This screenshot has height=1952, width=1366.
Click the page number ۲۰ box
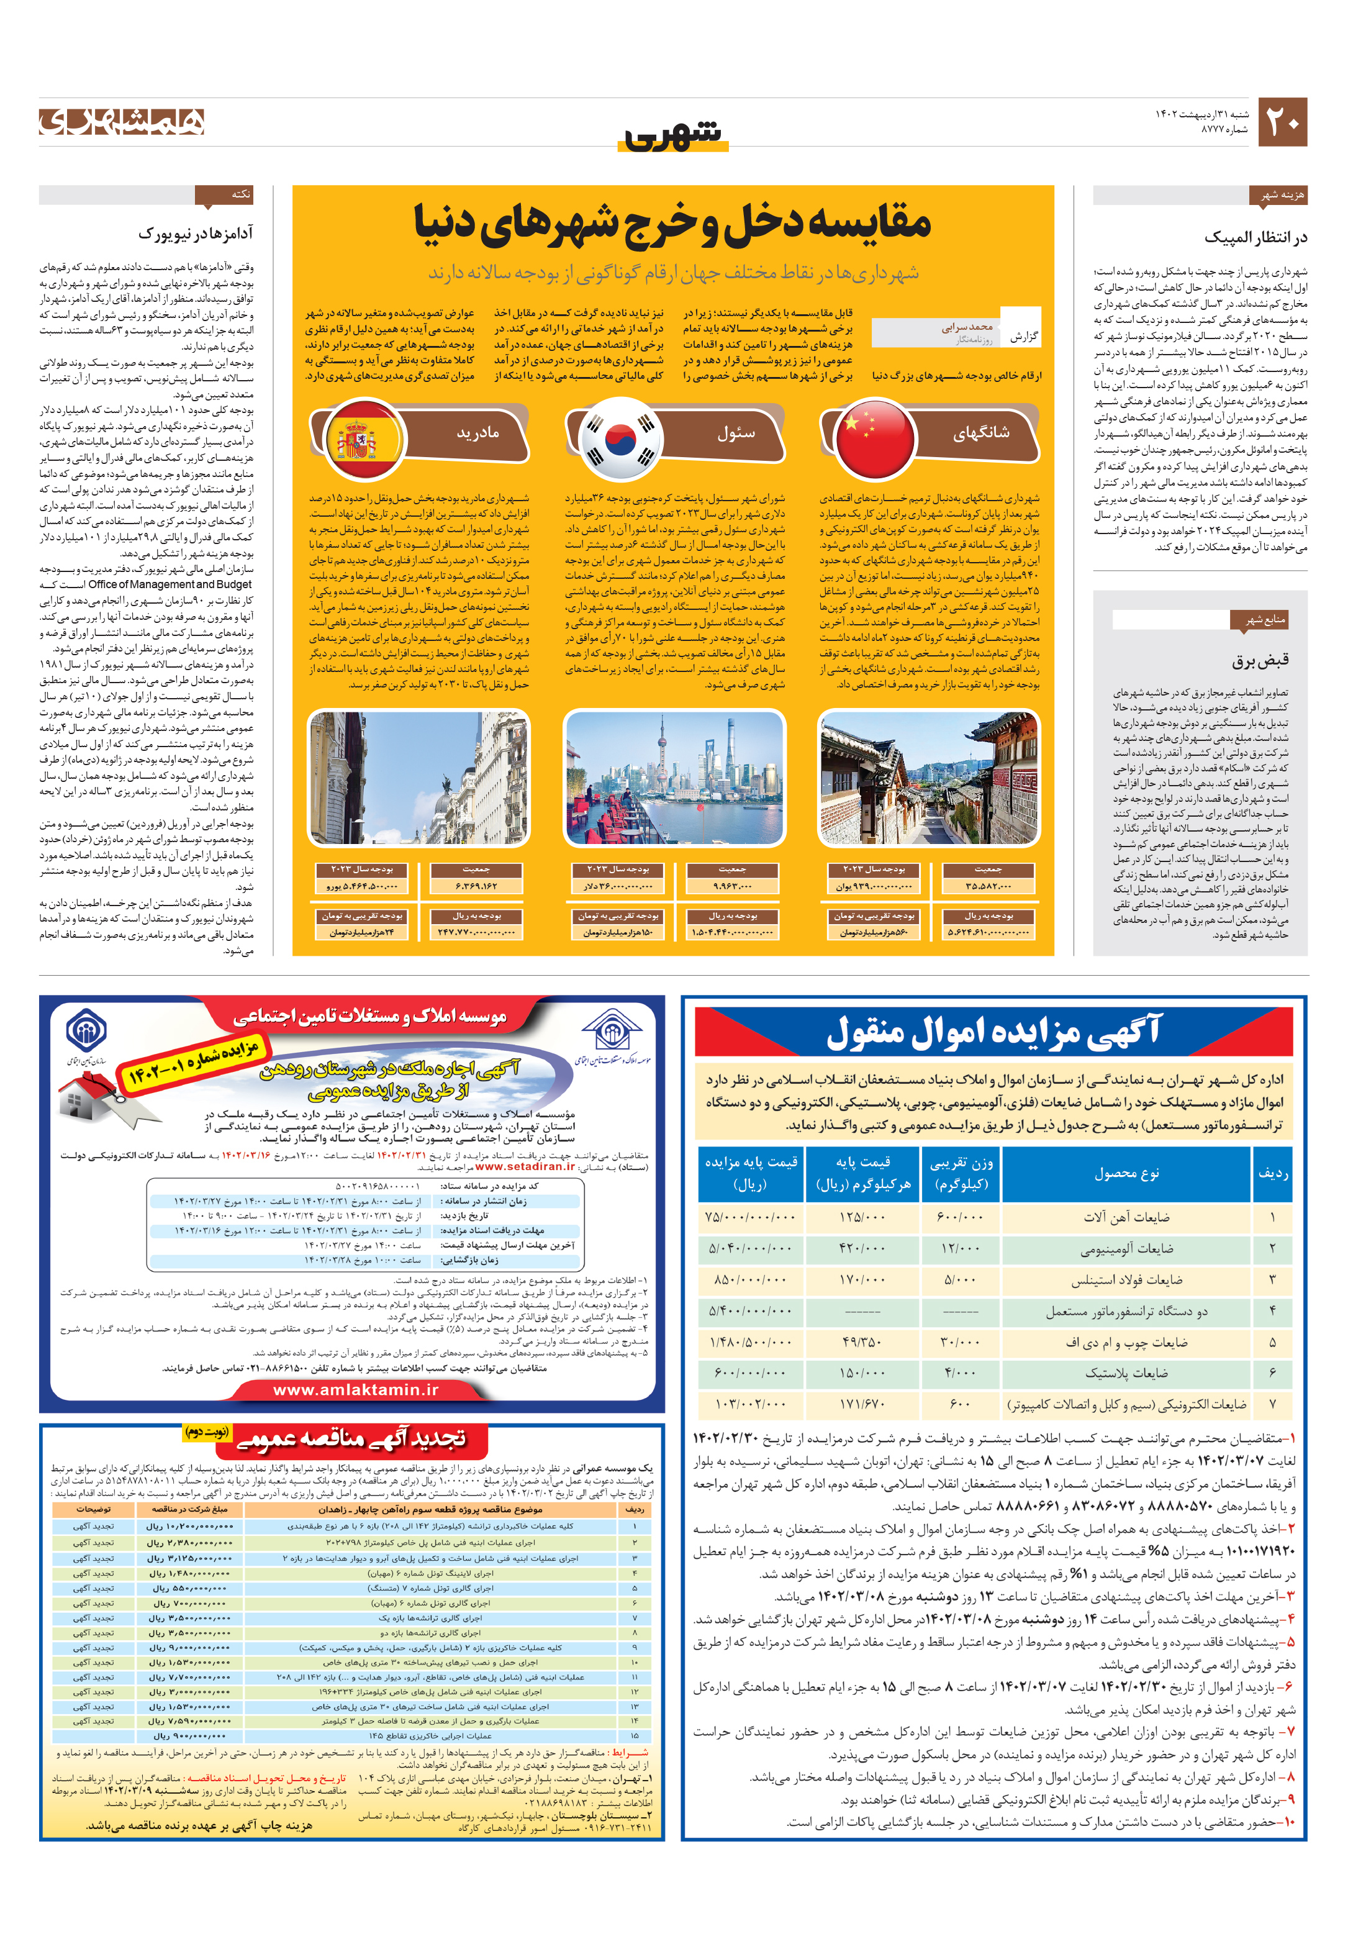click(x=1282, y=122)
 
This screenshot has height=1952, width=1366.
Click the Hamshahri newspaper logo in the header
click(x=122, y=122)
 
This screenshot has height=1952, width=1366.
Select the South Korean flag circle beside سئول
click(x=620, y=440)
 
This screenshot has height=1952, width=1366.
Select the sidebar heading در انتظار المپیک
click(x=1255, y=237)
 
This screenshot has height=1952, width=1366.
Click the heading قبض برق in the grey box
click(x=1260, y=660)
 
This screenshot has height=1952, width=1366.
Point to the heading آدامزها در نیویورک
click(x=196, y=233)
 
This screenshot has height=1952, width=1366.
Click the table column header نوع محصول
click(x=1126, y=1173)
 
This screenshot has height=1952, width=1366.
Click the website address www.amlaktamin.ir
click(x=355, y=1389)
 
